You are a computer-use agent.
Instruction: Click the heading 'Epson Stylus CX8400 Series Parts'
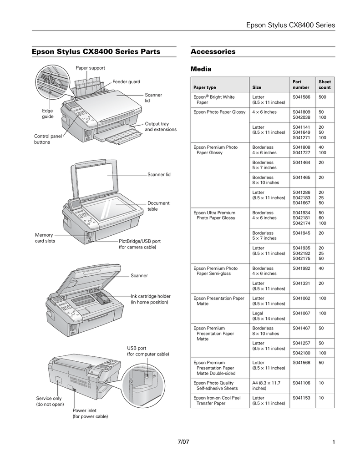[x=96, y=52]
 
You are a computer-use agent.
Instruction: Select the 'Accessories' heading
[x=213, y=52]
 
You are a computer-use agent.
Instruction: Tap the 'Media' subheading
[x=201, y=70]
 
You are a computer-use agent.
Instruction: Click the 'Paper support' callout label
[x=90, y=68]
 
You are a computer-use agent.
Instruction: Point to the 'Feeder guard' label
[x=126, y=82]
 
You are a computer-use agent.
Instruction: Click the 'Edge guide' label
[x=48, y=114]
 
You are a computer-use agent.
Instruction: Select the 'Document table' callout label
[x=158, y=206]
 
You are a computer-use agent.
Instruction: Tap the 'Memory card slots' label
[x=45, y=238]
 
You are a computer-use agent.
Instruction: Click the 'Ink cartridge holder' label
[x=151, y=299]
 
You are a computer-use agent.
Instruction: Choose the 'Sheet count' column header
[x=325, y=85]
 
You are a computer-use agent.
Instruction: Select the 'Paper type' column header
[x=205, y=87]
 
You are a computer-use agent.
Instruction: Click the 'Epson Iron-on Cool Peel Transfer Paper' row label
[x=217, y=400]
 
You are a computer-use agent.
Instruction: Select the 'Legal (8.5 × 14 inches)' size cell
[x=269, y=316]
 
